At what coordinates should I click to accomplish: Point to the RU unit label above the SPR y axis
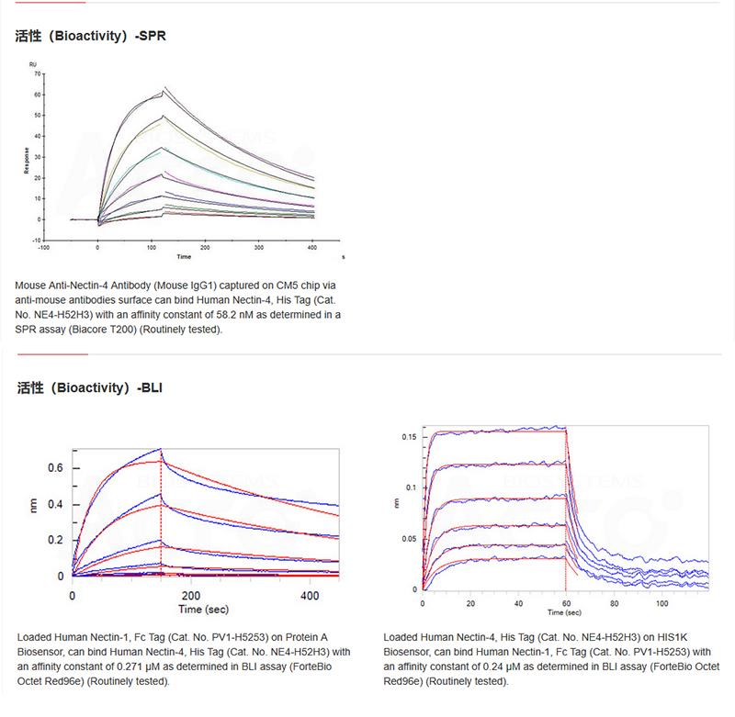[x=33, y=63]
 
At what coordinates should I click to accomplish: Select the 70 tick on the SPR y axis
[x=37, y=72]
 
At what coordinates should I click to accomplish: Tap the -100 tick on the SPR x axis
[x=43, y=248]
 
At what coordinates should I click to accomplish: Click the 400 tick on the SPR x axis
[x=313, y=248]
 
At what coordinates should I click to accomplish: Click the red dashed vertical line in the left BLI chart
[x=161, y=514]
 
